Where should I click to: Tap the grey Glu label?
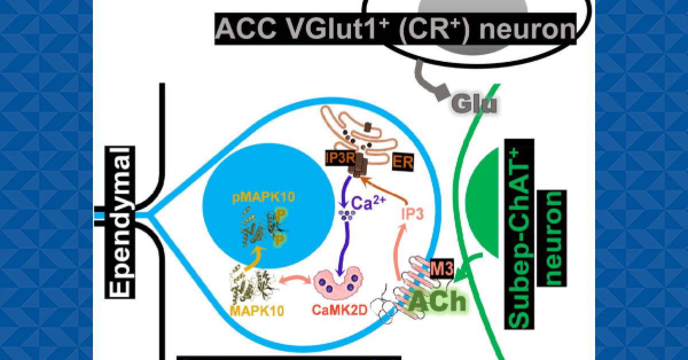[474, 104]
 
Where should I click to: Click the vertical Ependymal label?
[120, 221]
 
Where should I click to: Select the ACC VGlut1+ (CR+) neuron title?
[396, 29]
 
